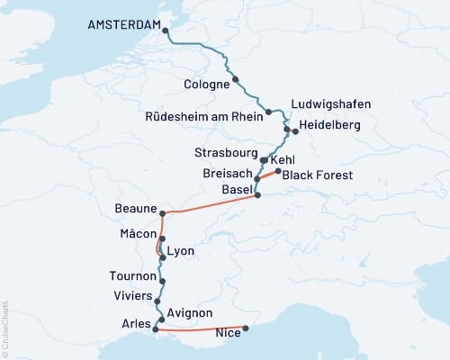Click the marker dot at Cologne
[236, 79]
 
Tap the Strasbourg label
[226, 152]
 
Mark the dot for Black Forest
[278, 171]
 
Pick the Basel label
[237, 191]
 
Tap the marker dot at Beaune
[162, 213]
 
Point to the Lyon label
[180, 252]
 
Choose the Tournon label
[131, 276]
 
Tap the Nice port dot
[247, 328]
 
